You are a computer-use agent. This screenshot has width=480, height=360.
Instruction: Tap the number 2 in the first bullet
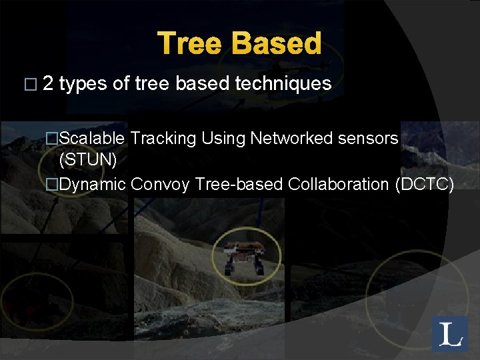point(48,83)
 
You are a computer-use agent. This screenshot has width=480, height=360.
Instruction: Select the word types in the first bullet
point(83,84)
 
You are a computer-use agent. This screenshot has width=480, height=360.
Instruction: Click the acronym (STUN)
point(88,161)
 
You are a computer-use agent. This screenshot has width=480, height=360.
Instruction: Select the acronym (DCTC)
point(425,184)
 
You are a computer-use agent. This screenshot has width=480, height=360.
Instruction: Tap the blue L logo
point(450,334)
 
